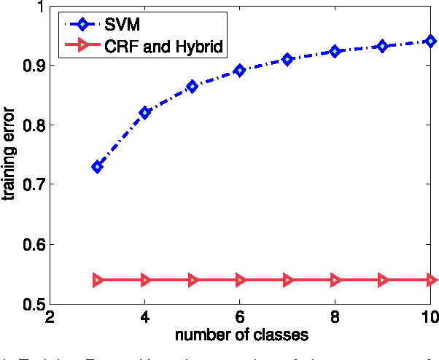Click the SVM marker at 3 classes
point(97,167)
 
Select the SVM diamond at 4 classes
point(145,112)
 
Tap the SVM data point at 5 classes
point(193,86)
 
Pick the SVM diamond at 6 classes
point(240,71)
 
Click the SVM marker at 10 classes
point(430,42)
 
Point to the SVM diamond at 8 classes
point(335,51)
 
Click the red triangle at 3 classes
point(97,280)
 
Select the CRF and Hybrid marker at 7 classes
point(287,280)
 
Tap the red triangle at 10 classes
point(430,280)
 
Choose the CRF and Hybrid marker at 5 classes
point(193,280)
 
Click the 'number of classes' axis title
point(241,336)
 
